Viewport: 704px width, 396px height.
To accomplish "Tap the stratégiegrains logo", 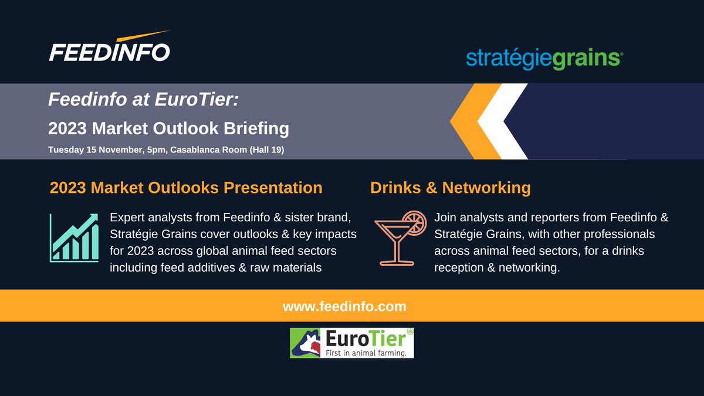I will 544,59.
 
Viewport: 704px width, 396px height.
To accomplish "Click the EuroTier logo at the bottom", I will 352,343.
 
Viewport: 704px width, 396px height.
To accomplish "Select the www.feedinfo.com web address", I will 344,306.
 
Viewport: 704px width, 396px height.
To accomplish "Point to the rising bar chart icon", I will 74,238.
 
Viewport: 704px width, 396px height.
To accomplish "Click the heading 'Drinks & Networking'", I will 450,188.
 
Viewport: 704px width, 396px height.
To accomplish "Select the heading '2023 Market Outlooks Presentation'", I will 186,188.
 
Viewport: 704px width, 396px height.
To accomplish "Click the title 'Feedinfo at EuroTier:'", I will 143,100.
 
